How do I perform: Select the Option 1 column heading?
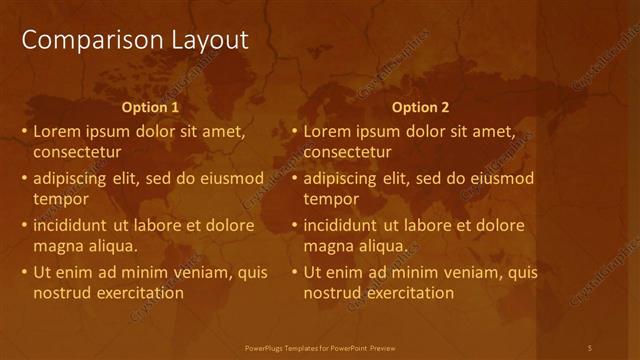point(150,107)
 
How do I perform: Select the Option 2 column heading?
point(420,107)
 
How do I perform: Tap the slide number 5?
point(590,347)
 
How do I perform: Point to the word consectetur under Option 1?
point(77,153)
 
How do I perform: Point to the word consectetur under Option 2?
point(347,153)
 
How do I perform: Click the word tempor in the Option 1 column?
point(58,199)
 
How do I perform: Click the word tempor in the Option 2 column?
point(328,199)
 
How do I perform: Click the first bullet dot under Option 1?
point(25,132)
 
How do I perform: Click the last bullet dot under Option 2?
point(295,273)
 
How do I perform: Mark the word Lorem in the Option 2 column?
point(326,131)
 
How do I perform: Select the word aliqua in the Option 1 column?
point(112,246)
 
